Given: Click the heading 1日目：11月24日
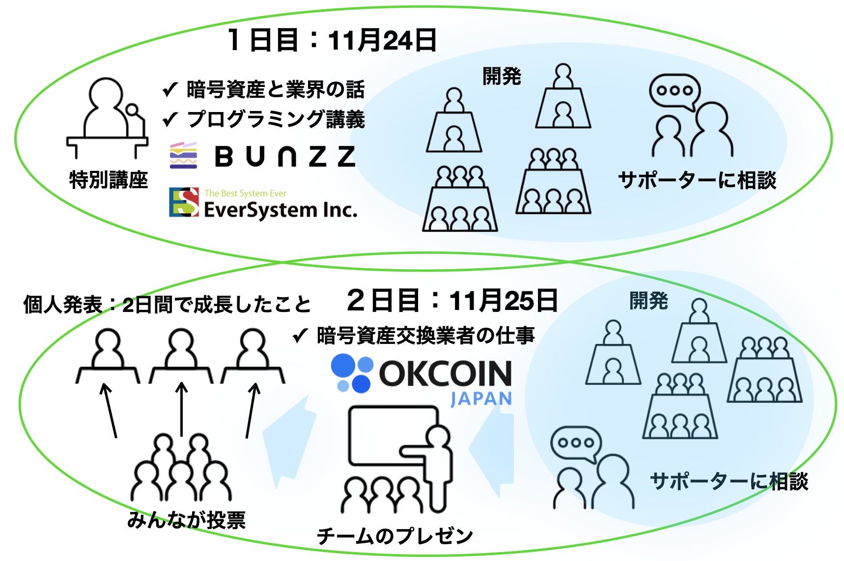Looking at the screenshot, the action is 332,40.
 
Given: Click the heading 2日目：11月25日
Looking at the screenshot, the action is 452,300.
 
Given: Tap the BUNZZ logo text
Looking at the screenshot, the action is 285,157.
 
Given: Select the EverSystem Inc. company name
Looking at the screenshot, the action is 280,210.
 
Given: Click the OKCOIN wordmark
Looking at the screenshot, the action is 445,374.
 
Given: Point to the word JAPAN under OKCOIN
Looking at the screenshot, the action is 481,399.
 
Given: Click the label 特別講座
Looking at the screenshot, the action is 108,180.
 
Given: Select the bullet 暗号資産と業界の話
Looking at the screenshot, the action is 275,89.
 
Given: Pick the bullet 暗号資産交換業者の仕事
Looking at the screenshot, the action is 425,336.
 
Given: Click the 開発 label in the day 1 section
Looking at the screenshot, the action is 501,76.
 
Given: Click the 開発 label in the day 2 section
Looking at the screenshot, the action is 648,301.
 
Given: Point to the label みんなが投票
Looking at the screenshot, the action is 186,520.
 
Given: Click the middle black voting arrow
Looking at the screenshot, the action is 182,409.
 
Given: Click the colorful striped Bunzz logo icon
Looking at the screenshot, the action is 183,155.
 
